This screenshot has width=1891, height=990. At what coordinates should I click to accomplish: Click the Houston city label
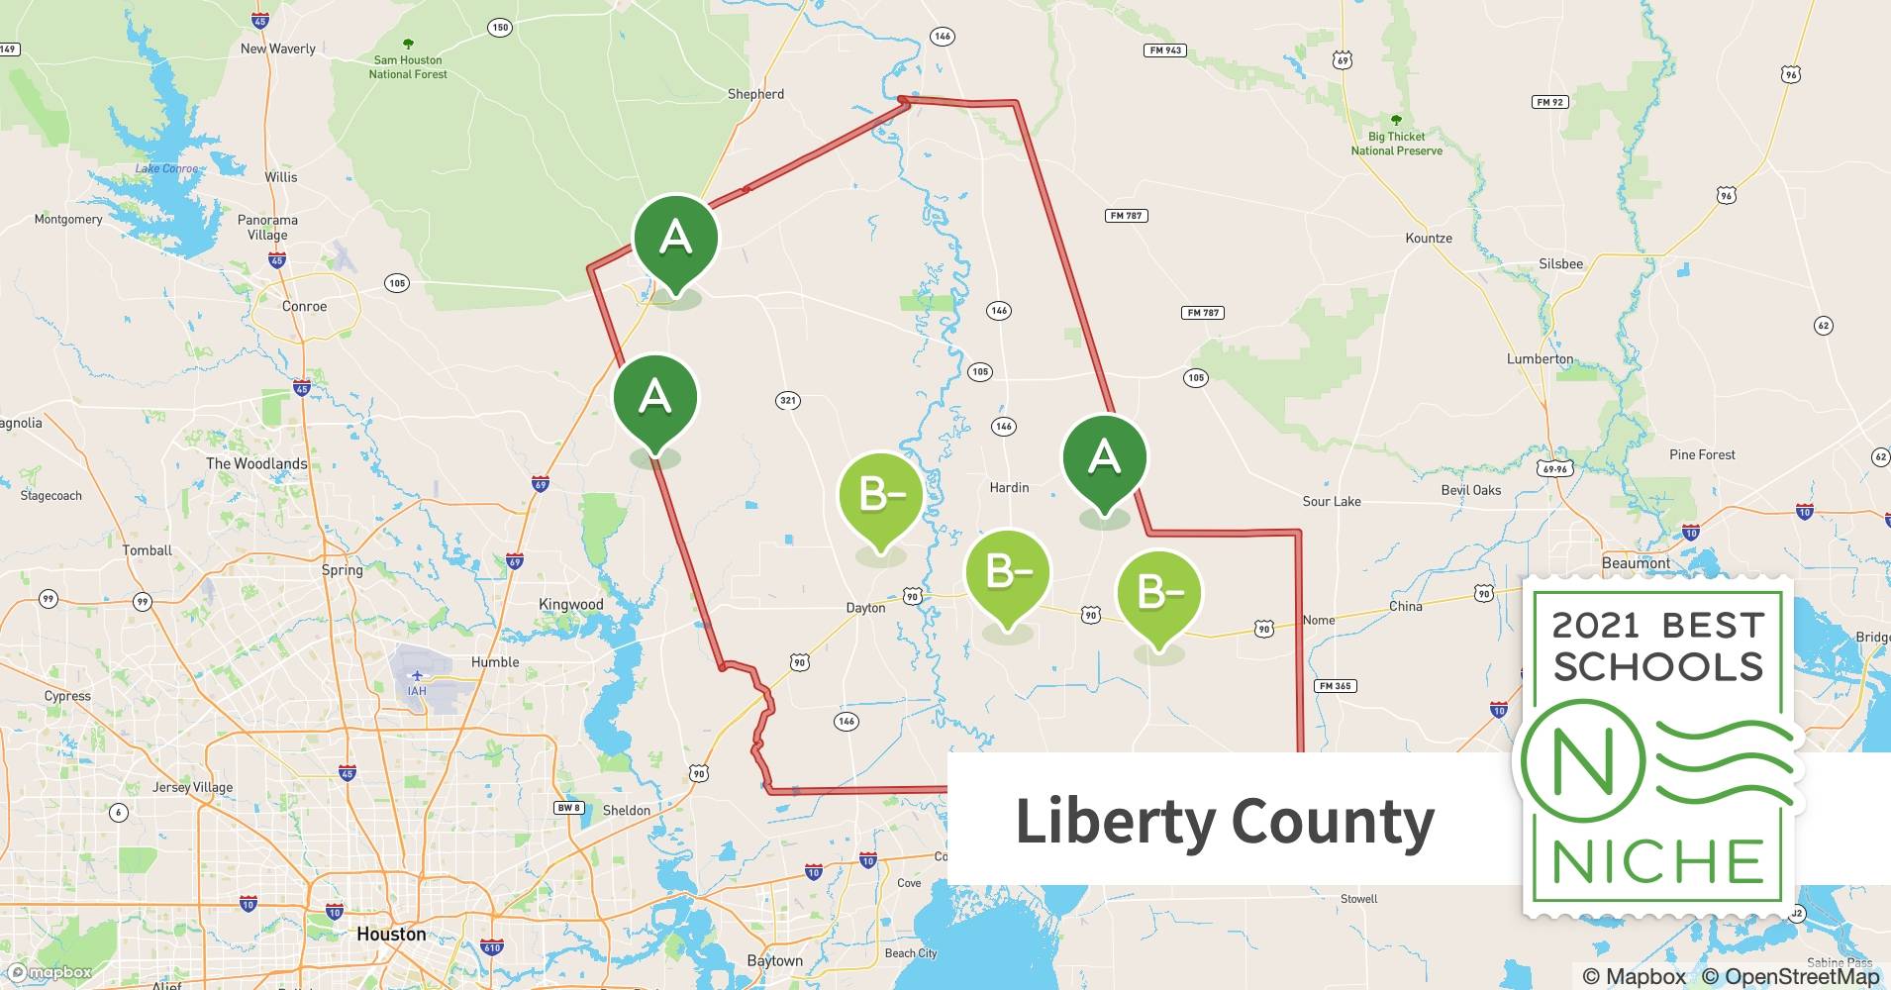tap(391, 934)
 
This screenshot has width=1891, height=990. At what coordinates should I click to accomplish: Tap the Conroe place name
tap(304, 306)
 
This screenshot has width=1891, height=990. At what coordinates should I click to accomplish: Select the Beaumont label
tap(1636, 562)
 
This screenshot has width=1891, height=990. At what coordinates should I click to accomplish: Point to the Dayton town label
tap(865, 607)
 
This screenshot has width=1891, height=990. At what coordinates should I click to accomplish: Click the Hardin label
tap(1009, 487)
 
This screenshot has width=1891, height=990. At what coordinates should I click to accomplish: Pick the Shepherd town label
tap(755, 94)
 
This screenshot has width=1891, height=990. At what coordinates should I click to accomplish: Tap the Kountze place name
tap(1429, 238)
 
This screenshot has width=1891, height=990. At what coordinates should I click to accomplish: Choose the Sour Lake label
tap(1332, 501)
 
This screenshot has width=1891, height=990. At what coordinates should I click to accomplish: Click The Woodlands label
tap(256, 463)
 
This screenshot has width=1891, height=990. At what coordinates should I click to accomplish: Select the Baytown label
tap(775, 960)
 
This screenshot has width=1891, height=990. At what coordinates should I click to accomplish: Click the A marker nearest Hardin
tap(1104, 457)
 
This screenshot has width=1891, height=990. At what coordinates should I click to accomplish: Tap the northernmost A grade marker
tap(675, 238)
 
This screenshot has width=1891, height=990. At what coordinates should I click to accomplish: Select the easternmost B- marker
tap(1158, 592)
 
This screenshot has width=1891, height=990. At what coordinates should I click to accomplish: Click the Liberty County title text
tap(1225, 822)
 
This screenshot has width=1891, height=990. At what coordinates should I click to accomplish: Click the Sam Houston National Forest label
tap(408, 66)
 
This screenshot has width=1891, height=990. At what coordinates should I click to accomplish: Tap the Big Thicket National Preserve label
tap(1396, 144)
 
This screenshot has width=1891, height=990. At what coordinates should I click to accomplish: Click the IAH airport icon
tap(417, 676)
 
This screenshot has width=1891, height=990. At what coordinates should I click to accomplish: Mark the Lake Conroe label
tap(165, 168)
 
